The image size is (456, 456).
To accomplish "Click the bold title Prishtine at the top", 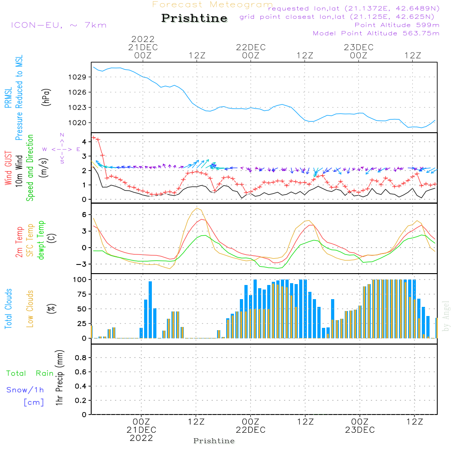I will coord(194,18).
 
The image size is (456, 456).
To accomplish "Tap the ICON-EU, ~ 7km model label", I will coord(58,25).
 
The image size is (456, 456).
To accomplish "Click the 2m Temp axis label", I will coord(19,240).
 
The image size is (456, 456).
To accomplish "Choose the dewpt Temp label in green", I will coord(41,240).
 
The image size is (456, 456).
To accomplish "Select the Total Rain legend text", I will coord(30,373).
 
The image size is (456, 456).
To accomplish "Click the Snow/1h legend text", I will coord(26,390).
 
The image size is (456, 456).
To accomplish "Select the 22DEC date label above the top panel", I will coord(250,47).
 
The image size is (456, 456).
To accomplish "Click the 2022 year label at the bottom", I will coord(141,438).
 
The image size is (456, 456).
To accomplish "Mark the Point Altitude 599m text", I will coord(397,25).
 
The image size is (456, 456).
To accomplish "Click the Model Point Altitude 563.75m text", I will coord(376,33).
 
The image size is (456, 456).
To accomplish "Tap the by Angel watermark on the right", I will coord(446,316).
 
